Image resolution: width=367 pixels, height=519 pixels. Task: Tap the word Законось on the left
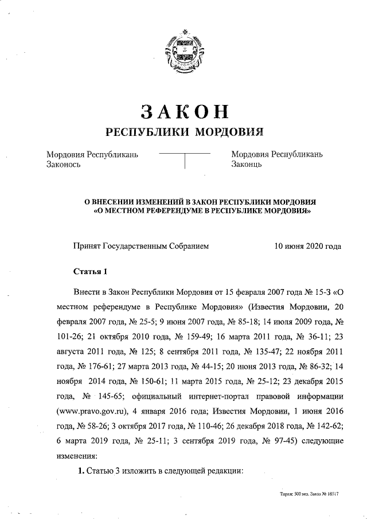point(64,165)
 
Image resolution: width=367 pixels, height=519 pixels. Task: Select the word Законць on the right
point(247,165)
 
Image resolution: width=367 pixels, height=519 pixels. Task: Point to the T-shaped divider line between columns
point(184,158)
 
